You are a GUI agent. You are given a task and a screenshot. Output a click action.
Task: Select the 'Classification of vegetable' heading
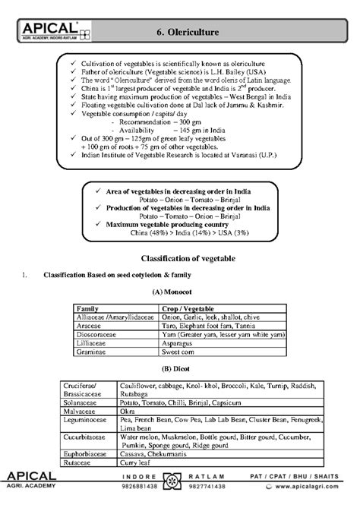pos(180,258)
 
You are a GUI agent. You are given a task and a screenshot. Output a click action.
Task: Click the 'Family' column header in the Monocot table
pos(88,308)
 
